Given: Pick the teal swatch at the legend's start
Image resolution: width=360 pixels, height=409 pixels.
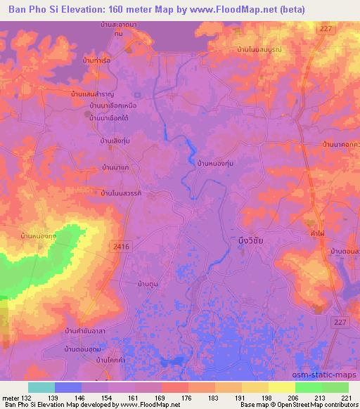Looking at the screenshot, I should click(x=41, y=387).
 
